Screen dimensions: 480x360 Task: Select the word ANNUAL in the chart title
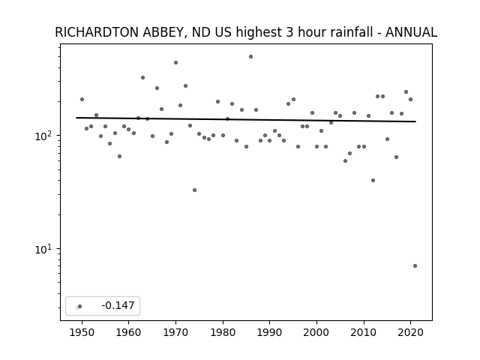click(411, 32)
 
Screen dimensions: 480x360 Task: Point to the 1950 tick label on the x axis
click(82, 333)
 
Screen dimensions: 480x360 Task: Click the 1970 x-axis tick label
click(175, 333)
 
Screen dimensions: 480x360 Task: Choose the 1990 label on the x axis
click(269, 333)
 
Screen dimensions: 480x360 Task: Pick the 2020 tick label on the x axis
click(410, 333)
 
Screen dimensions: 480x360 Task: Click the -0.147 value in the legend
click(118, 305)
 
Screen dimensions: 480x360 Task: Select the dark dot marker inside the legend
click(80, 307)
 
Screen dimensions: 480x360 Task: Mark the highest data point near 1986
click(250, 57)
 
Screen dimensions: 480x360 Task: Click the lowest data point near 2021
click(415, 266)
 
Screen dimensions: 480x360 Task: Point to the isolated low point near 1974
click(194, 190)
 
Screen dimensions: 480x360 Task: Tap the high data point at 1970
click(175, 63)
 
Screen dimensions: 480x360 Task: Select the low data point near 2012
click(373, 181)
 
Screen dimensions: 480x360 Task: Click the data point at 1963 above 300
click(142, 78)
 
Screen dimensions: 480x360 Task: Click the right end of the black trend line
click(415, 121)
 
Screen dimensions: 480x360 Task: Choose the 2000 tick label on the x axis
click(316, 333)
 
